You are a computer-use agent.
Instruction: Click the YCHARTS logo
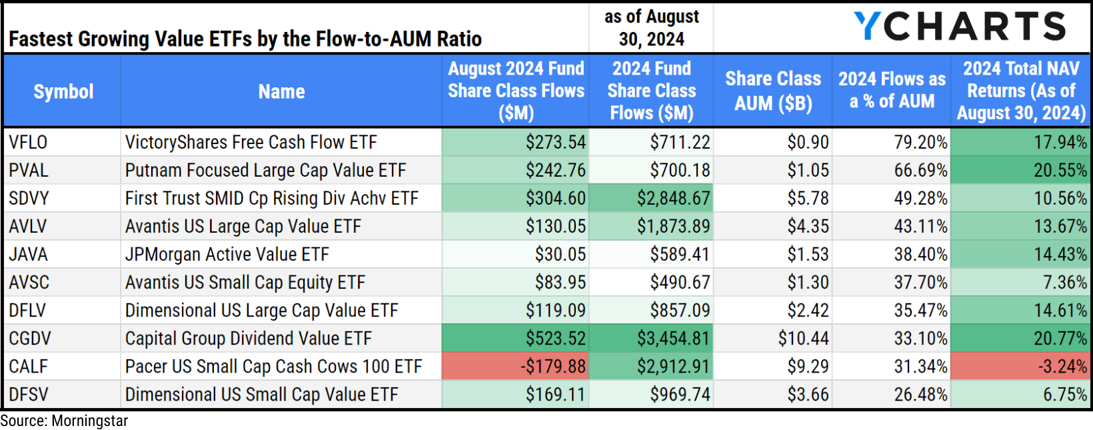coord(960,27)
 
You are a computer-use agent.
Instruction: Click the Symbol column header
coord(63,91)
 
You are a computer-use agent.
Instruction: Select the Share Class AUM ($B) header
coord(772,91)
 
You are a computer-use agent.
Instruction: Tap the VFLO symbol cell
coord(28,142)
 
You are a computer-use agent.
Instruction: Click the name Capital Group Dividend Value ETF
coord(248,339)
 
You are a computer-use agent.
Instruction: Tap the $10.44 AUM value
coord(803,339)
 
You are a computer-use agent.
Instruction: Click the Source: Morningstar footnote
coord(64,421)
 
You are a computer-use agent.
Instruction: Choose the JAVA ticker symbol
coord(28,255)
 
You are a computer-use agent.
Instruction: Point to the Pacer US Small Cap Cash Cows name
coord(273,367)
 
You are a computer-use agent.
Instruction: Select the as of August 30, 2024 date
coord(651,28)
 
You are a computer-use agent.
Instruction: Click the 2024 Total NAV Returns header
coord(1020,91)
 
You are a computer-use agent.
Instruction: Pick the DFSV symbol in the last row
coord(29,395)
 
